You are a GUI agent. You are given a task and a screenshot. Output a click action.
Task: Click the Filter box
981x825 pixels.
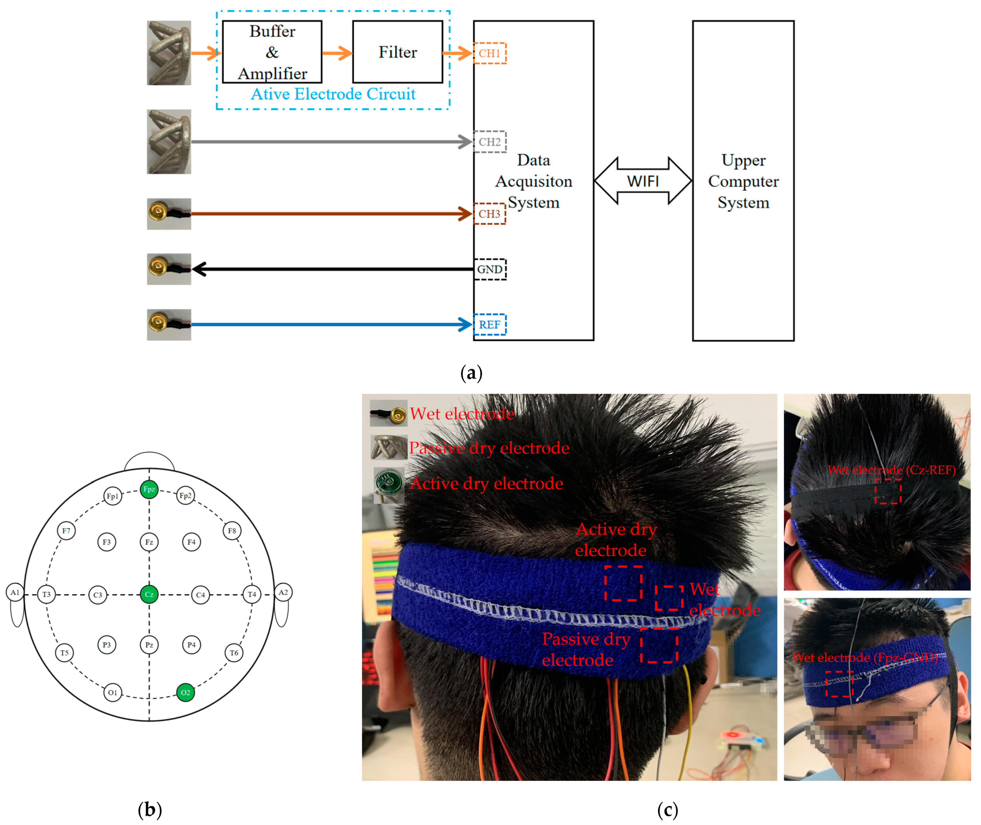coord(397,52)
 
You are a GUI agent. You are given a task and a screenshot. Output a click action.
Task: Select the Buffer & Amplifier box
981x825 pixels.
coord(272,52)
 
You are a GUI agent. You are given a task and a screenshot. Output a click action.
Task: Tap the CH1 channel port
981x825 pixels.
coord(490,53)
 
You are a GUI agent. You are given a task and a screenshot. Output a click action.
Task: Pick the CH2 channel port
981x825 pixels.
coord(490,142)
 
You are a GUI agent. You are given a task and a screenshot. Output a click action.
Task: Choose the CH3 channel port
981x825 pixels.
coord(490,214)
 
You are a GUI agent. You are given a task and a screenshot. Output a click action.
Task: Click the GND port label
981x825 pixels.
coord(490,269)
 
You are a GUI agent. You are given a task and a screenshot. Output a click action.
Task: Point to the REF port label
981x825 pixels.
coord(490,325)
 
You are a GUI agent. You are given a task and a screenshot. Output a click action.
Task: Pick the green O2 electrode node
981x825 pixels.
coord(185,692)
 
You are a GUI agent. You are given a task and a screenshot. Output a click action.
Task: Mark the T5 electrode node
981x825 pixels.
coord(65,653)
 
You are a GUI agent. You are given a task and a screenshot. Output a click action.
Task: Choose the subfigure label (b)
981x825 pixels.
coord(150,809)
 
